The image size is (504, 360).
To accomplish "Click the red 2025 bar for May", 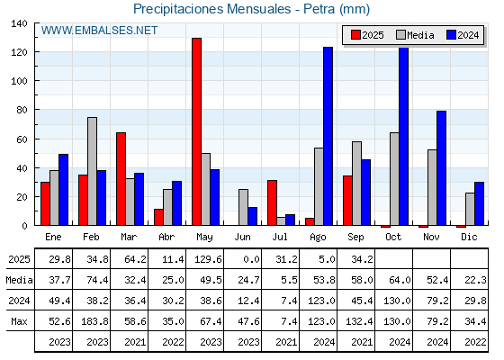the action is tap(197, 131).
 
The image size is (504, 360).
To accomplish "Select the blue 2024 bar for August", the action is tap(328, 136).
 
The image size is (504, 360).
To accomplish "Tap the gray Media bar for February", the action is tap(92, 171).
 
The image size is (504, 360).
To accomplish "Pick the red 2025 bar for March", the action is tap(121, 179).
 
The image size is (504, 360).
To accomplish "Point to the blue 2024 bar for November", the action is tap(441, 168).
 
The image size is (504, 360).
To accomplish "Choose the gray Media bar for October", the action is tap(394, 179).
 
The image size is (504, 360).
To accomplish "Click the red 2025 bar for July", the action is tap(272, 202).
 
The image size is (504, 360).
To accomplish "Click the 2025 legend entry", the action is tap(367, 35).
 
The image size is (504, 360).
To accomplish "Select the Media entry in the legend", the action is tap(415, 35).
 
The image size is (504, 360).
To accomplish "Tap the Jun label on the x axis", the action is tap(242, 238).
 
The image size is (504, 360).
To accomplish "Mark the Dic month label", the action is tap(469, 237).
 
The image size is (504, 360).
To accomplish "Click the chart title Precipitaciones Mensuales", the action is tap(212, 9).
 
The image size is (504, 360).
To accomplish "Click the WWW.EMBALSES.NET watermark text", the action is tap(99, 31).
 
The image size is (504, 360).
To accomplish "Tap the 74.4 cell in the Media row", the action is tap(97, 280).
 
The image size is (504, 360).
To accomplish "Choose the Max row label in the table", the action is tap(19, 321).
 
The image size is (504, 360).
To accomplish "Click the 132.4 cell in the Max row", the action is tap(359, 321).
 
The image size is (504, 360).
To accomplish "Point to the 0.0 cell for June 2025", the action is tap(251, 259).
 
